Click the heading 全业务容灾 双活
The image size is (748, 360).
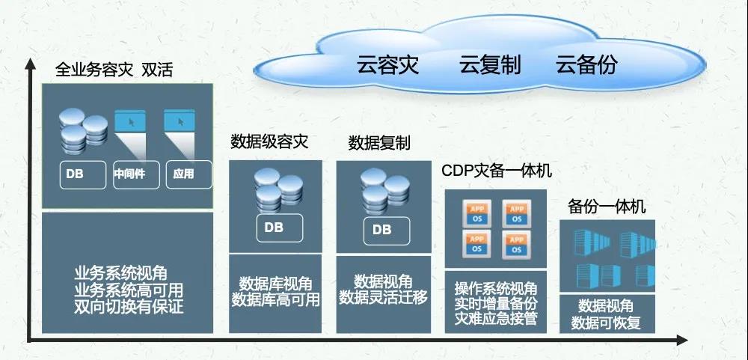click(x=114, y=70)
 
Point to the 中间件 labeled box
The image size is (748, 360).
click(x=136, y=174)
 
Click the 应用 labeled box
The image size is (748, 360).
click(x=188, y=174)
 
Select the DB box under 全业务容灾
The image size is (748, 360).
click(x=83, y=174)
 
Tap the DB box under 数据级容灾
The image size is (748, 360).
click(x=280, y=228)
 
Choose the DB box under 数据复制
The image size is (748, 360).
click(x=387, y=231)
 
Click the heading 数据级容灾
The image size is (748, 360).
click(x=269, y=141)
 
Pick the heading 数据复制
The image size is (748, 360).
click(x=379, y=143)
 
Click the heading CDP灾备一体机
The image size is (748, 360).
click(x=497, y=171)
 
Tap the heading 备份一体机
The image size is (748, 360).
click(x=607, y=207)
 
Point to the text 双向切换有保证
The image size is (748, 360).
click(x=129, y=306)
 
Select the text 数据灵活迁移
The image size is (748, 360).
click(x=383, y=298)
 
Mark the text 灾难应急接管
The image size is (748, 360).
click(x=496, y=317)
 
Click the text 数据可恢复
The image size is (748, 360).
click(x=606, y=323)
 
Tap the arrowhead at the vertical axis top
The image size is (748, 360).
click(x=30, y=63)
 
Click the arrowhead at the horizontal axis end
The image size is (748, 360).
click(x=682, y=340)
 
